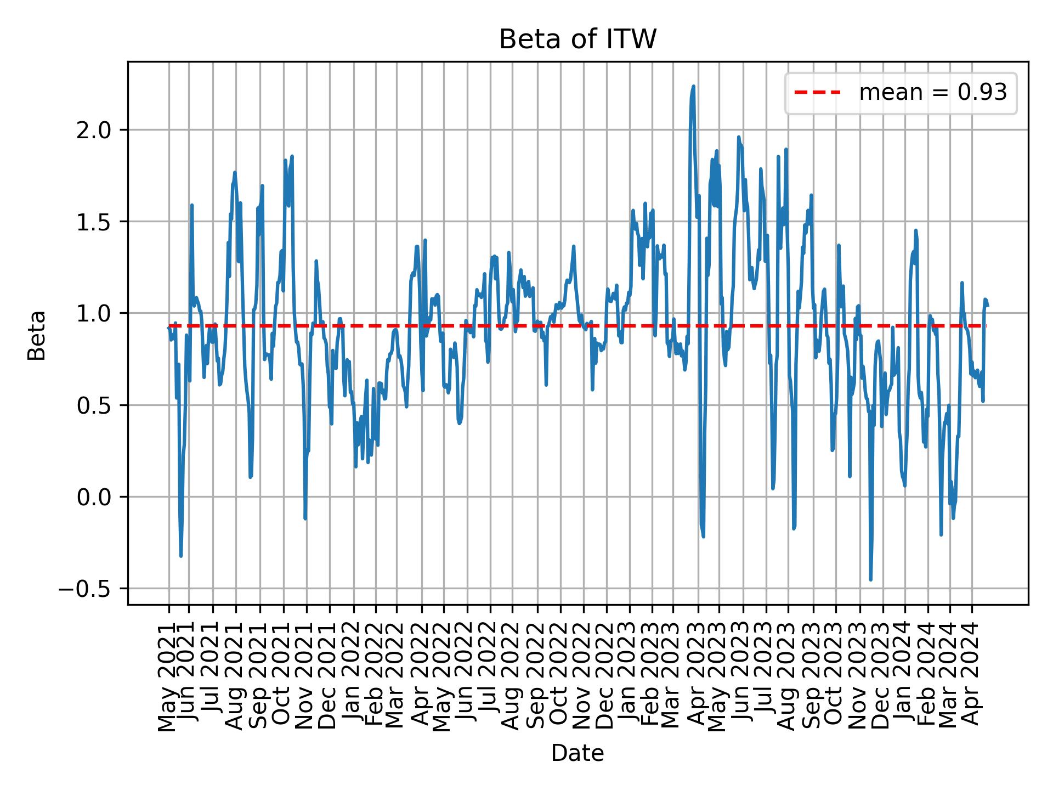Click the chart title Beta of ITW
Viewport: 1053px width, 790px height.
pos(578,39)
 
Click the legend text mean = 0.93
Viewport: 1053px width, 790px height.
pos(933,93)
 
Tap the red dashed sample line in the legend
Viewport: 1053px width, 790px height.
pos(817,93)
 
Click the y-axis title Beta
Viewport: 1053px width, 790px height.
pos(37,335)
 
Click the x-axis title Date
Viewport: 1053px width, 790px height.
pos(578,753)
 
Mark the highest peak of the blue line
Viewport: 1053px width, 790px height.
pos(693,86)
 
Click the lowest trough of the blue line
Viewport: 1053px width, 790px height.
pos(870,579)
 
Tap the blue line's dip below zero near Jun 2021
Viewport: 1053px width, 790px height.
pos(181,556)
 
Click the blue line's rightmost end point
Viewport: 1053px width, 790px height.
pos(987,305)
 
